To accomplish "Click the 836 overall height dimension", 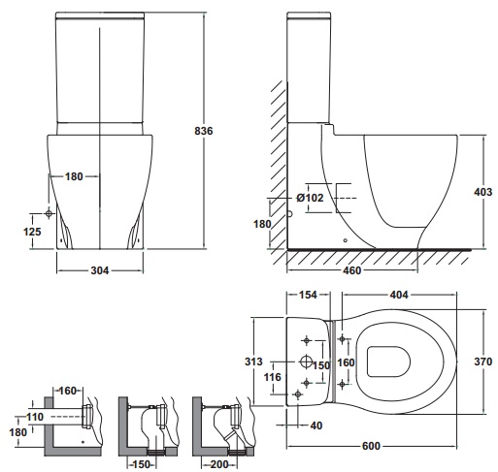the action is (x=204, y=131).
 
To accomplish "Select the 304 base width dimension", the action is (x=100, y=270).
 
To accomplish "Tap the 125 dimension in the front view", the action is (x=32, y=232).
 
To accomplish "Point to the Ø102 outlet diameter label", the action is (x=310, y=198).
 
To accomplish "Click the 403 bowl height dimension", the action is (x=483, y=192).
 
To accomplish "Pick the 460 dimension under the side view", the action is (x=351, y=270).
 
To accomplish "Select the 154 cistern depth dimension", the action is (x=308, y=295).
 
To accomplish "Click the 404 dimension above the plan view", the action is (x=399, y=295).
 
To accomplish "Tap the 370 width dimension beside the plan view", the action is (x=483, y=362).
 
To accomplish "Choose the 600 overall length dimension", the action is (x=371, y=446).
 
